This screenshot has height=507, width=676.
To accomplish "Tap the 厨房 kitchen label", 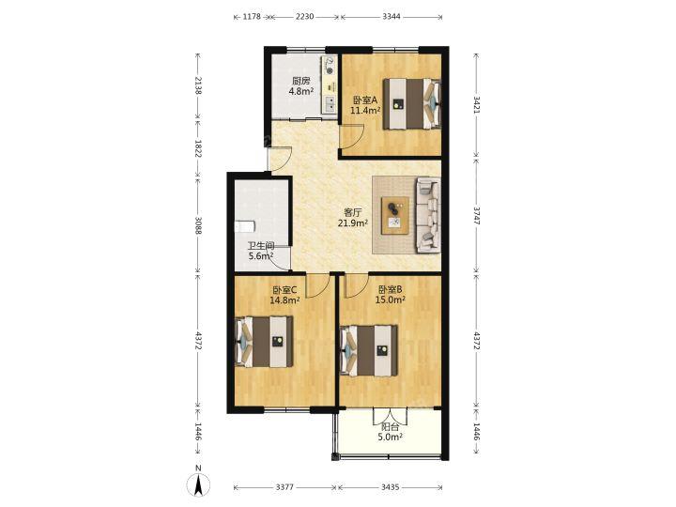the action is click(301, 81).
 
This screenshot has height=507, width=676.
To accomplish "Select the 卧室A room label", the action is click(364, 100).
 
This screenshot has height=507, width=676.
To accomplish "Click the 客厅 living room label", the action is click(353, 212).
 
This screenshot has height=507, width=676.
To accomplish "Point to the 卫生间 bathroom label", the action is click(261, 246).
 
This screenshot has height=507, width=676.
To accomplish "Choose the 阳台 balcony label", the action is click(391, 427).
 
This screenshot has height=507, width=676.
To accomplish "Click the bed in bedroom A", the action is click(412, 103).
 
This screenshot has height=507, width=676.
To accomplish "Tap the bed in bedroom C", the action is click(264, 342).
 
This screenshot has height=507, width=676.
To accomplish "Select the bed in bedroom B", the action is click(369, 350).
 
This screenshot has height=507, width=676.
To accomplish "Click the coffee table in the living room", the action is click(395, 215).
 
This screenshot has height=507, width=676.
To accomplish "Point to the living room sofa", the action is click(428, 215).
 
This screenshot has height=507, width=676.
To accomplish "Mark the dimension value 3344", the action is click(392, 17).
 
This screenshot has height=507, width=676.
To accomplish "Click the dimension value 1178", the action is click(252, 17).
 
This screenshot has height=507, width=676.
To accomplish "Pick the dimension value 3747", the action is click(476, 215).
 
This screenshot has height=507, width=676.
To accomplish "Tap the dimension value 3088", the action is click(198, 225).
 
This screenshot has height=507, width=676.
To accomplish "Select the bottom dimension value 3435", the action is click(391, 487).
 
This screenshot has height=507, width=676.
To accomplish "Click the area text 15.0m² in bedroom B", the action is click(391, 300).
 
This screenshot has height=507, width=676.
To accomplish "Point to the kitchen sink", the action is click(330, 103).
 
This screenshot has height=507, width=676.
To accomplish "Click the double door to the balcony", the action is click(391, 416).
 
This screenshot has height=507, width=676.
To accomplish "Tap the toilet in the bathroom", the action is click(244, 226).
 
